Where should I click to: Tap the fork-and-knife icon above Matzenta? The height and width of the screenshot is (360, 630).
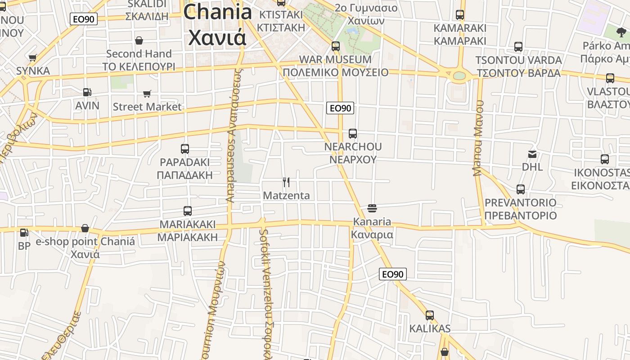click(286, 182)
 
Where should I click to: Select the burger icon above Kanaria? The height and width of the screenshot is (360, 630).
click(372, 208)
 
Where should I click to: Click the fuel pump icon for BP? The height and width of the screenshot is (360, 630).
click(24, 233)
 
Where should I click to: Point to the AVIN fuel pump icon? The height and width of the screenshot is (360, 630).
click(87, 92)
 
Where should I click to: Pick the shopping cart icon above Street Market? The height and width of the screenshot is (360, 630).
click(147, 94)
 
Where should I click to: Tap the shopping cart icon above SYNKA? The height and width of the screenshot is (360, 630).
click(32, 58)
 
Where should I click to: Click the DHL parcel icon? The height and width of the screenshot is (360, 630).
click(532, 154)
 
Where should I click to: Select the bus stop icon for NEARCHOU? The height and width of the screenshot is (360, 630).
click(353, 134)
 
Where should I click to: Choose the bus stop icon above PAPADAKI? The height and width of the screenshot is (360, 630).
click(184, 149)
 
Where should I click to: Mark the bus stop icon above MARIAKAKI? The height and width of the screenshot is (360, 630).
click(188, 211)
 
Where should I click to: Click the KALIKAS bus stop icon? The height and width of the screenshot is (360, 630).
click(430, 315)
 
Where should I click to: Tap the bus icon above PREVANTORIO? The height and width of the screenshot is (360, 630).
click(521, 189)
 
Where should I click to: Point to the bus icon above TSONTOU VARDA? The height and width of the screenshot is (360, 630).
click(518, 47)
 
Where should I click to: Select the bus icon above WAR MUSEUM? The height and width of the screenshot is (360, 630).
click(335, 46)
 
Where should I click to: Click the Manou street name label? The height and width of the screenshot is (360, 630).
click(478, 137)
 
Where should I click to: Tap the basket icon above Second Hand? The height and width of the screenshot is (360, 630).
click(139, 40)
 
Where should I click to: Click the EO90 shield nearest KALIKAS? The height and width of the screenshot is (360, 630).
click(392, 274)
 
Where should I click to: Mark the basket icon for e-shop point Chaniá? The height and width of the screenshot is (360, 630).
click(85, 229)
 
